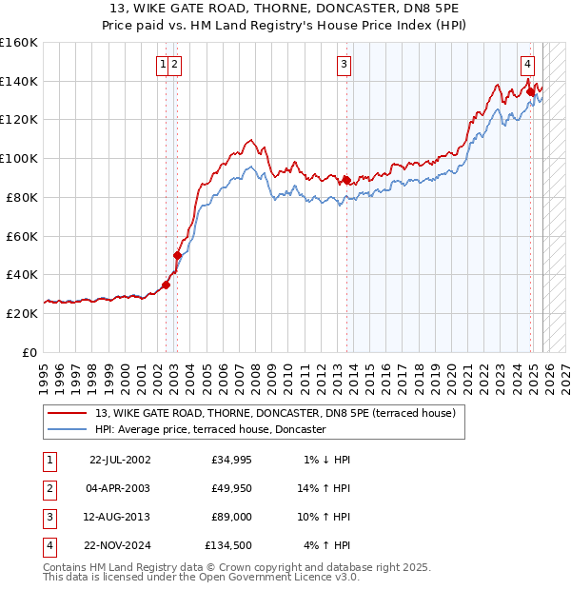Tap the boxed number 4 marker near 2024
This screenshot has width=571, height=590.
[526, 65]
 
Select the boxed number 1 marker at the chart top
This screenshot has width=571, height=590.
[164, 65]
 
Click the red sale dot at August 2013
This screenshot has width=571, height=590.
[347, 180]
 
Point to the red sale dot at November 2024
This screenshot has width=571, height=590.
[531, 91]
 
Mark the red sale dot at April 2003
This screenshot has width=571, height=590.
[177, 255]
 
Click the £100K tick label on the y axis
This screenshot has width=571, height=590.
[18, 158]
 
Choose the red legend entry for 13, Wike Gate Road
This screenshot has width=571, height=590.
[276, 413]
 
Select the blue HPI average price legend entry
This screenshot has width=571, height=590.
[210, 430]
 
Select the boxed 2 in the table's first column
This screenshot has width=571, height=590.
[49, 488]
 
